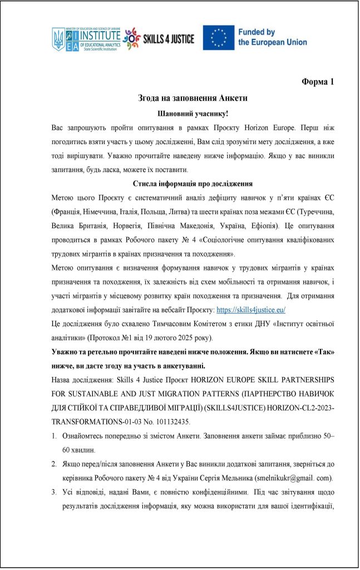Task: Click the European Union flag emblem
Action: point(219,38)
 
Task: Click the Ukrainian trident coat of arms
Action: point(58,40)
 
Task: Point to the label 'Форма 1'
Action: point(318,82)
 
